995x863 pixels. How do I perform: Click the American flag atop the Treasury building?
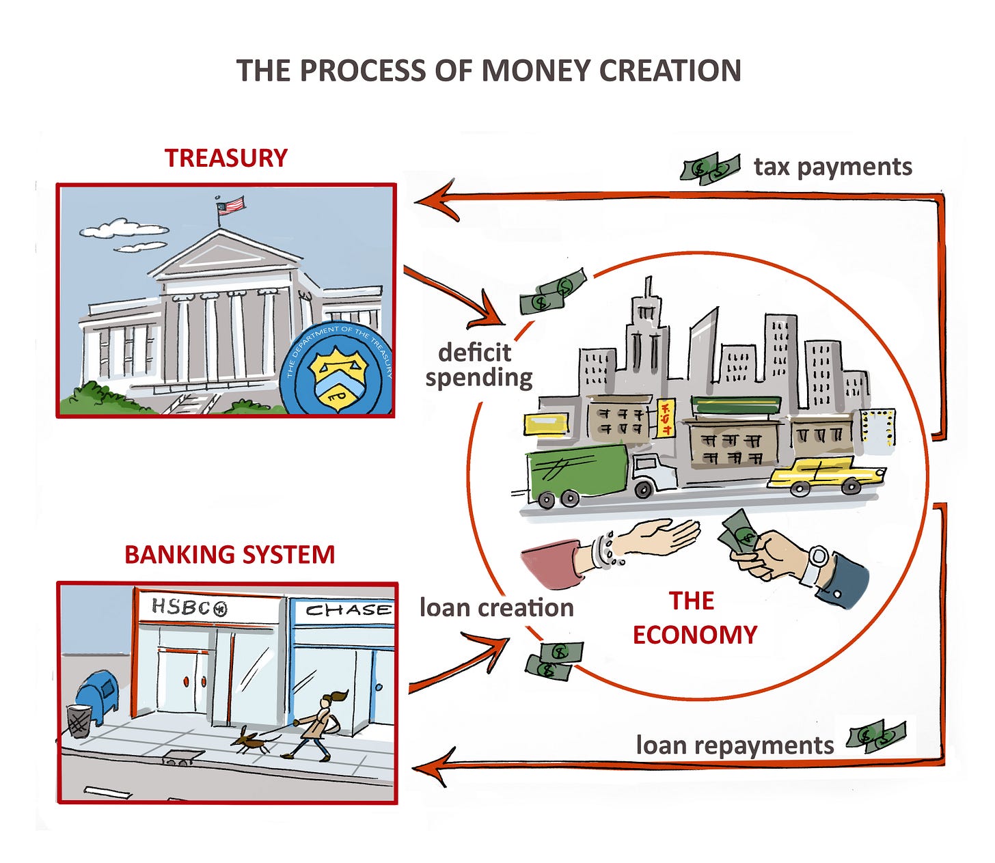click(x=231, y=204)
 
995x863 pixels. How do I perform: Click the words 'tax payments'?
click(x=832, y=167)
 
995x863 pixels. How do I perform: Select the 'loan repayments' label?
click(x=735, y=745)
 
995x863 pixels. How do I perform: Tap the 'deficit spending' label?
click(x=478, y=365)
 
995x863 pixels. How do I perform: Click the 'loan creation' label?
click(x=496, y=607)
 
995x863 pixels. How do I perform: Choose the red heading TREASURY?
click(x=226, y=158)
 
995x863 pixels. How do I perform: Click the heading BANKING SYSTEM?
click(x=230, y=554)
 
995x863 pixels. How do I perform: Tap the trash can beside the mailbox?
click(x=79, y=721)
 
